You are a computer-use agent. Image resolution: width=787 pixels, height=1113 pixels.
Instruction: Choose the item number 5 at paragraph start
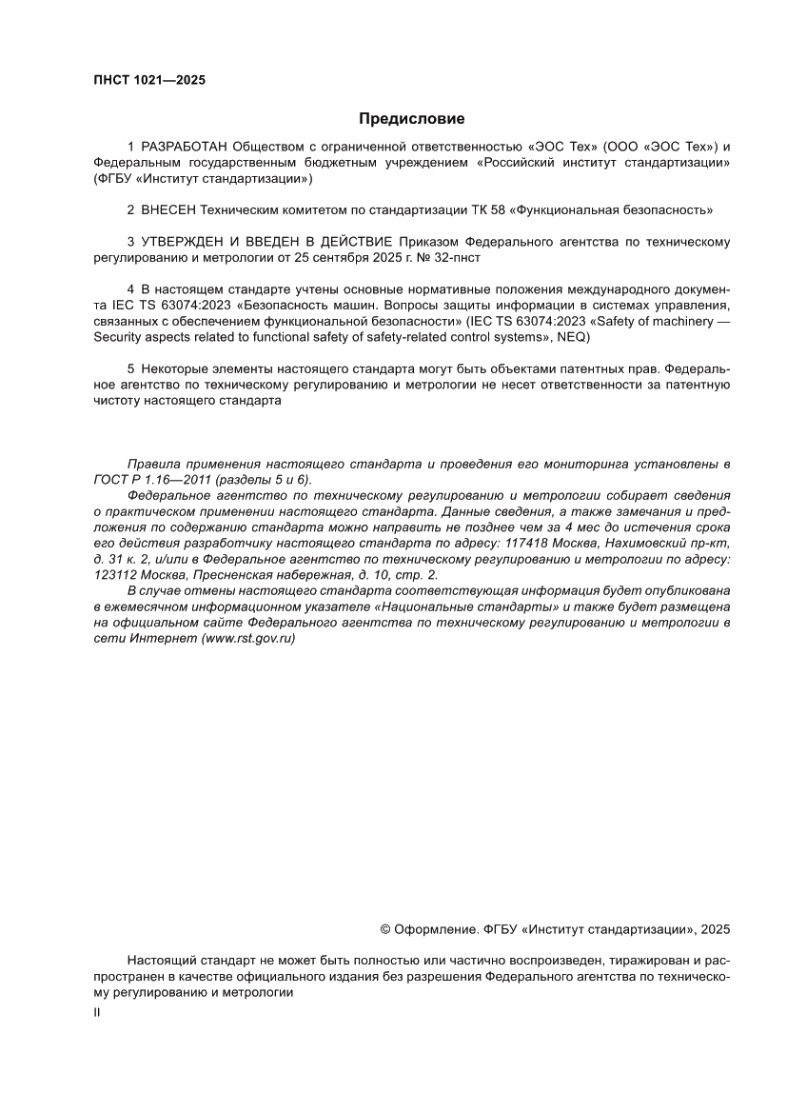[x=130, y=368]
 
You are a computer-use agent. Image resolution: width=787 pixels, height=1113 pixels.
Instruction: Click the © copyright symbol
[x=385, y=928]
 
